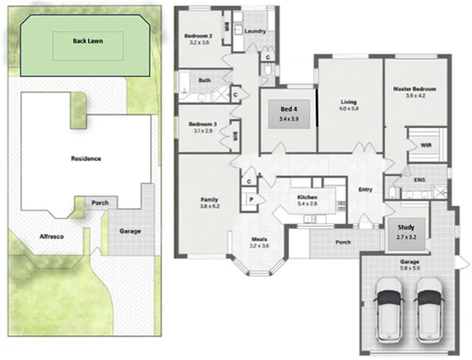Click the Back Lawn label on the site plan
tap(88, 40)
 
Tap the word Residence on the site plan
tap(85, 158)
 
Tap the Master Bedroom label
tap(414, 89)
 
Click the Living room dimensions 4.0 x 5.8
tap(349, 109)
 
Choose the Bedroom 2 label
tap(198, 36)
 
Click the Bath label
tap(204, 80)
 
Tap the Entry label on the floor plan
tap(365, 189)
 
